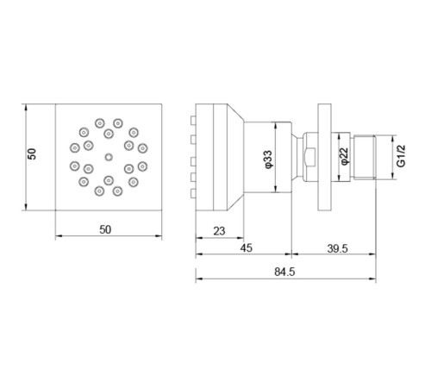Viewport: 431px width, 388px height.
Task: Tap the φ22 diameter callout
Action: (x=343, y=156)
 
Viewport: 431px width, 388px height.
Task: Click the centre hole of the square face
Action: (x=107, y=157)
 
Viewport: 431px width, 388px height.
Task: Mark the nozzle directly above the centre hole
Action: (x=107, y=134)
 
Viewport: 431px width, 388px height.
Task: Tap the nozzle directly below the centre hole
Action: (x=107, y=180)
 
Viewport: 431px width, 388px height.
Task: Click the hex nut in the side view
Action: (x=307, y=157)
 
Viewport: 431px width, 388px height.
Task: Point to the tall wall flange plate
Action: (x=325, y=157)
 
